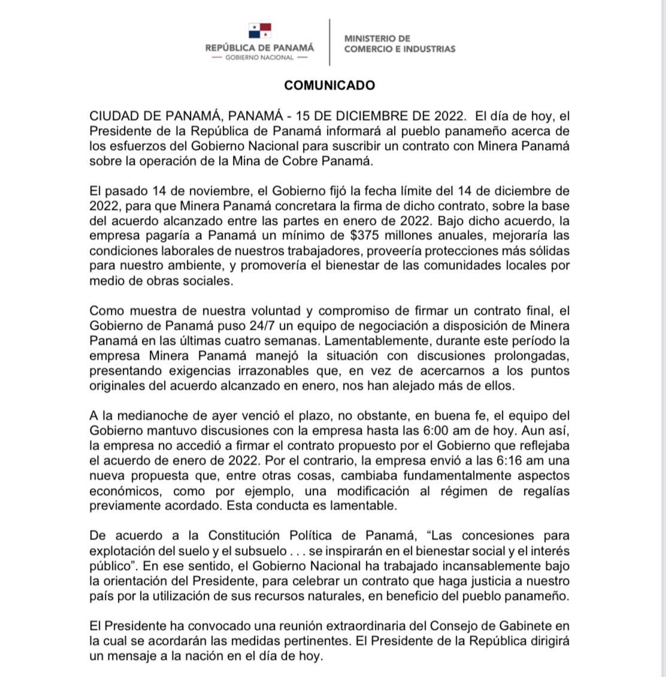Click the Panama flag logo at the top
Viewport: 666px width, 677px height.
[x=260, y=31]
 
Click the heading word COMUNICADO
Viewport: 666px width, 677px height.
[x=329, y=85]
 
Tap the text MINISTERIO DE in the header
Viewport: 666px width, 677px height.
[x=377, y=38]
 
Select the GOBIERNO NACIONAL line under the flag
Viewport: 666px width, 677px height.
[x=259, y=58]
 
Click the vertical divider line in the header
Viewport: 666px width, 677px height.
[x=329, y=42]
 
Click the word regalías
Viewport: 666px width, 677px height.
[x=544, y=491]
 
